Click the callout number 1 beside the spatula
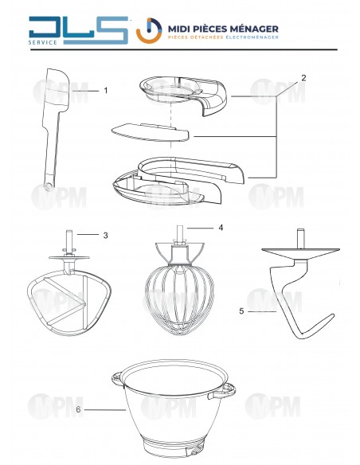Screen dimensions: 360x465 [x=106, y=91]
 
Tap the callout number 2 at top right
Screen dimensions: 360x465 [x=303, y=78]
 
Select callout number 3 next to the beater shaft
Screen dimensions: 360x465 [x=106, y=235]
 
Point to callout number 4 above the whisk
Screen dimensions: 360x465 [x=221, y=228]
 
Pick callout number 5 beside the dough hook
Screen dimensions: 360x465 [x=241, y=311]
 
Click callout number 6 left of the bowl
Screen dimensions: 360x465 [x=78, y=409]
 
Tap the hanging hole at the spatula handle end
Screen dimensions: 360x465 [x=48, y=186]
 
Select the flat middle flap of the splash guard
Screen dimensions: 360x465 [x=150, y=132]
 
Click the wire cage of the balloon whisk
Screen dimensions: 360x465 [x=180, y=299]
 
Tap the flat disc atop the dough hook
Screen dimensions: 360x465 [x=300, y=252]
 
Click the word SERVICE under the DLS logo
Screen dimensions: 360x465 [x=43, y=42]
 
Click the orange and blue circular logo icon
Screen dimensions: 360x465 [x=149, y=30]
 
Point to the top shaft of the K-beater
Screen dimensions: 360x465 [x=69, y=241]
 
